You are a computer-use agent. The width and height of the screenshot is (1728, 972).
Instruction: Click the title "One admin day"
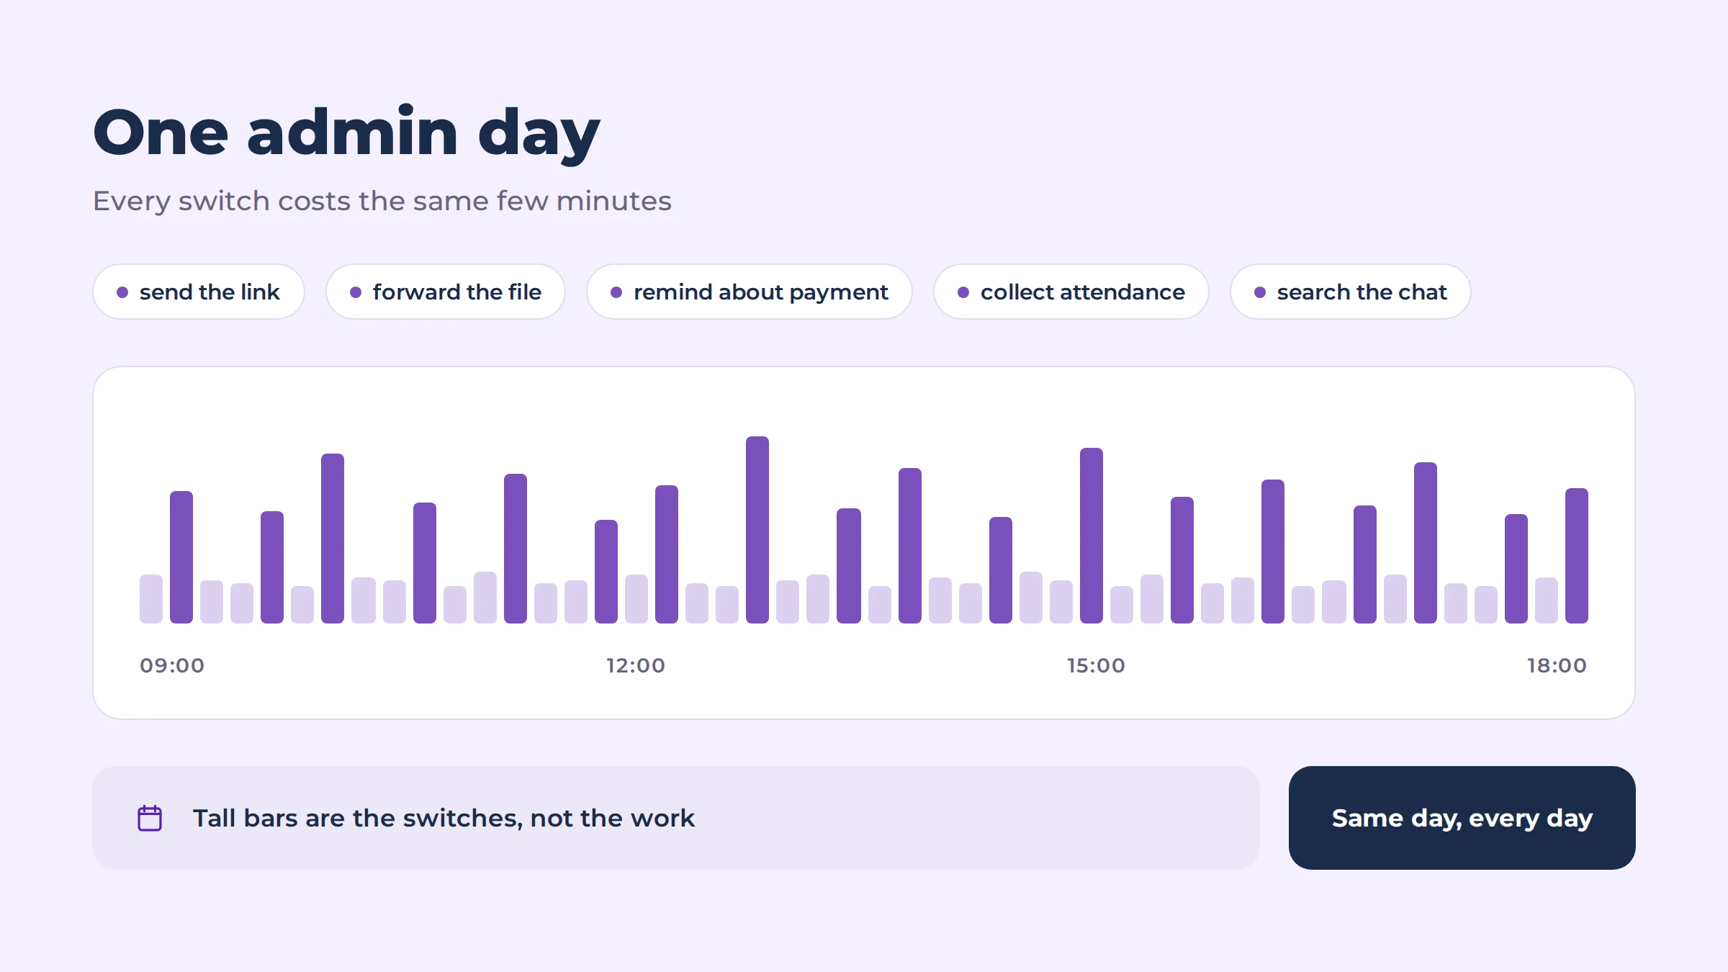[x=346, y=133]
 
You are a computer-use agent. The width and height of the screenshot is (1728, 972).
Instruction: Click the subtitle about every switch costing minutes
[x=382, y=201]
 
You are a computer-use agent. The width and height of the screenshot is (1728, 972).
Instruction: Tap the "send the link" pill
[x=199, y=292]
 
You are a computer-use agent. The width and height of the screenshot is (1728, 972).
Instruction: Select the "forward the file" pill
[x=446, y=292]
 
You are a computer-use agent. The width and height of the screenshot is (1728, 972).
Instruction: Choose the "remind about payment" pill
[x=750, y=292]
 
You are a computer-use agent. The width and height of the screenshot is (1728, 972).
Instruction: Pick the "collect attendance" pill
[x=1071, y=292]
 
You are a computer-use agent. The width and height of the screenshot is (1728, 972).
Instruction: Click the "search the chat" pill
[x=1351, y=292]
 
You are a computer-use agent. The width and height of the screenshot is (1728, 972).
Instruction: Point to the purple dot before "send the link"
[x=122, y=292]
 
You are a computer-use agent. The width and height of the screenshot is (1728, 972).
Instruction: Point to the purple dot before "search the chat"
[x=1260, y=292]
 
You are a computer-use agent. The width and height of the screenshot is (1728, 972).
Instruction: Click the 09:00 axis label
[x=172, y=665]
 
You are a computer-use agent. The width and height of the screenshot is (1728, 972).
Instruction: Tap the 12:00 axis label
[x=636, y=665]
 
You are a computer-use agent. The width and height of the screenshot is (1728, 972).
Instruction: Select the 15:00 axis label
[x=1096, y=665]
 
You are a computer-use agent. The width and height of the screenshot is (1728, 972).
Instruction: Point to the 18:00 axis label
[x=1557, y=665]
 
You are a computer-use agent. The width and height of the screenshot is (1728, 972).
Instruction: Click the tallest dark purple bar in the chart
[x=757, y=530]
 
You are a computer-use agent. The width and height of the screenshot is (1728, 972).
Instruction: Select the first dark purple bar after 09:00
[x=181, y=557]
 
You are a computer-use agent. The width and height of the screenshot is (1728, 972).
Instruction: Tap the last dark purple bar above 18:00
[x=1577, y=556]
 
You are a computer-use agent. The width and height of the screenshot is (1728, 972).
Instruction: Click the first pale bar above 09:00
[x=151, y=599]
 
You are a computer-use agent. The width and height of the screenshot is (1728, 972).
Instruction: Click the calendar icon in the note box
[x=150, y=818]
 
